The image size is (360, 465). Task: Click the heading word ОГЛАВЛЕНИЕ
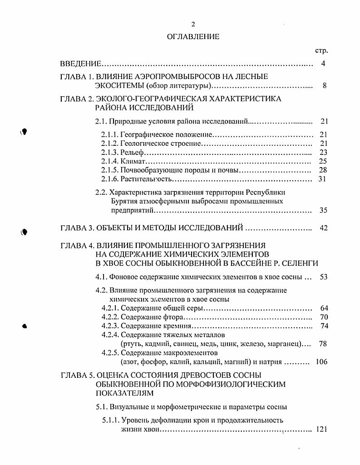tap(193, 37)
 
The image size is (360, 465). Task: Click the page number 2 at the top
tap(193, 25)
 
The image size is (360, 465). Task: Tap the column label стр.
tap(321, 51)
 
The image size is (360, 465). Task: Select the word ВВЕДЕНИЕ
tap(80, 64)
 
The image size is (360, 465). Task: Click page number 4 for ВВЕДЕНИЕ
tap(323, 64)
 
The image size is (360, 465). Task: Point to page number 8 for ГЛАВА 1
tap(324, 86)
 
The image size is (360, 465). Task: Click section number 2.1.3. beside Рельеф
tap(109, 152)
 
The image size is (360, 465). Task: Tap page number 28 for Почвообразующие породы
tap(323, 170)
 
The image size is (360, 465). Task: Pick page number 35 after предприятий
tap(323, 210)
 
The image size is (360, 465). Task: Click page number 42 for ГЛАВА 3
tap(323, 228)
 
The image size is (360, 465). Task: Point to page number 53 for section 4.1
tap(323, 277)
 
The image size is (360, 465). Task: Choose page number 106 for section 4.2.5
tap(321, 362)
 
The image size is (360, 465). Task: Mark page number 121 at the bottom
tap(321, 429)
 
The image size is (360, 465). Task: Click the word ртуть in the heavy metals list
tap(124, 344)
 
